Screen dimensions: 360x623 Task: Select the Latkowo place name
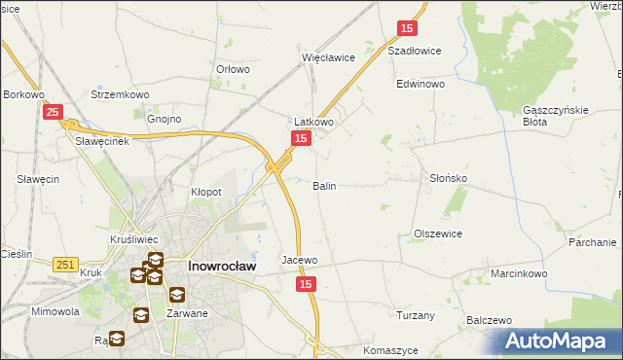[314, 122]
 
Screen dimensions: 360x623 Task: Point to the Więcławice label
[328, 57]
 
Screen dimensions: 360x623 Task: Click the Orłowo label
[234, 69]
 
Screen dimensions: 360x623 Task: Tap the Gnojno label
[165, 119]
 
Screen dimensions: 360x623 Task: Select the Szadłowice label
[415, 51]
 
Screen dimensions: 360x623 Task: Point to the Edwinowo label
[421, 85]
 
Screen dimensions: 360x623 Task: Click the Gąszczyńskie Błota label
[555, 116]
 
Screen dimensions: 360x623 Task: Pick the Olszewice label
[437, 234]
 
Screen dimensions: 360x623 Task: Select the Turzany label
[415, 315]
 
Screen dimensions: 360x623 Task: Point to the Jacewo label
[300, 260]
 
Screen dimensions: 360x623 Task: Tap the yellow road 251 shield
[66, 264]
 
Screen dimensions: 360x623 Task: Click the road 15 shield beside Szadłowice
[407, 30]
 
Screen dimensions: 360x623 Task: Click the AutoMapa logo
[559, 341]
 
